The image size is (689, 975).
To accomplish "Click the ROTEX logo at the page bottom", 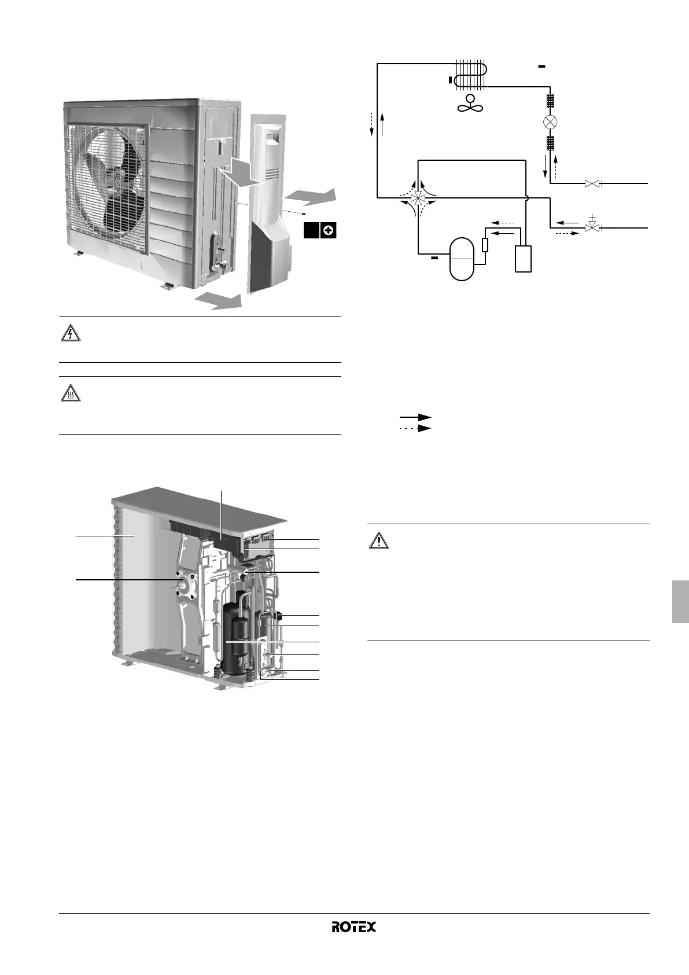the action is [x=353, y=927].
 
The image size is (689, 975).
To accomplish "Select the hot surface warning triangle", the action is [x=70, y=393].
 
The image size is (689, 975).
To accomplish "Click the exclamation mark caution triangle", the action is [x=378, y=540].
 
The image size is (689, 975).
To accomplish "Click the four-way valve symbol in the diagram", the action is [x=416, y=198].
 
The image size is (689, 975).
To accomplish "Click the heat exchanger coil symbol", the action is [x=471, y=75].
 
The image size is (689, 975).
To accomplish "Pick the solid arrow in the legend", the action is [x=415, y=417].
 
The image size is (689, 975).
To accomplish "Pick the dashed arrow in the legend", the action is [x=415, y=428].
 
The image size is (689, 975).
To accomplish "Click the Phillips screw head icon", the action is [x=329, y=230].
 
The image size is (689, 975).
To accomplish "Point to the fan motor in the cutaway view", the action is [x=185, y=585].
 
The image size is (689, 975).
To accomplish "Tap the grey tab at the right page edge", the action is [x=680, y=602].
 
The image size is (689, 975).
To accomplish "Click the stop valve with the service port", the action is [x=592, y=227].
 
